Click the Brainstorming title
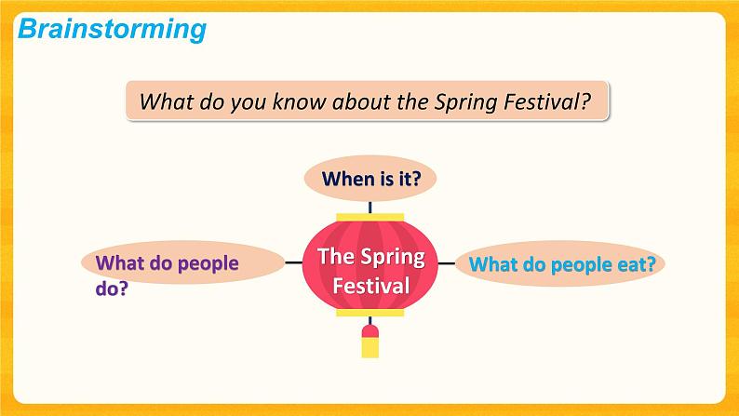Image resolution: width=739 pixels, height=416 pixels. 112,29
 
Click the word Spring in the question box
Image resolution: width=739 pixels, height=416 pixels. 464,101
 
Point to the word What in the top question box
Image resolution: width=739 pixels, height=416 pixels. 162,101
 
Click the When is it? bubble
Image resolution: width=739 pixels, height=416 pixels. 370,178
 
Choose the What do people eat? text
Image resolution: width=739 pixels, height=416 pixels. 562,264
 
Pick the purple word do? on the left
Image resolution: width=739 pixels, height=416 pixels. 112,289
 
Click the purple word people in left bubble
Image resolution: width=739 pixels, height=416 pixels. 202,263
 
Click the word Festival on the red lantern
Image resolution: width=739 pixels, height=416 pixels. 370,285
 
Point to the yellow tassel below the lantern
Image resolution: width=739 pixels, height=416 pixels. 370,346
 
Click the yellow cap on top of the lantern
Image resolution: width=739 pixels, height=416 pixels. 370,217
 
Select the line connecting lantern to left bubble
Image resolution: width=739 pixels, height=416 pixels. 294,263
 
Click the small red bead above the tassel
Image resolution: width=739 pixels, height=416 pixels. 370,329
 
